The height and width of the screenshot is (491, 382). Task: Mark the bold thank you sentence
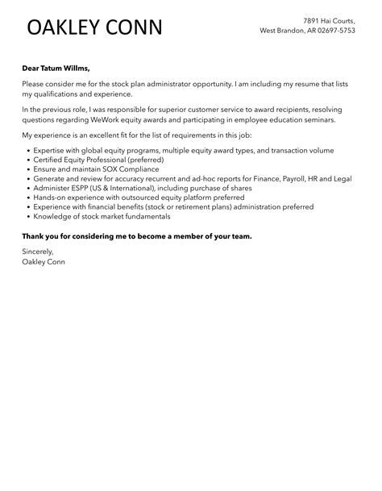(137, 236)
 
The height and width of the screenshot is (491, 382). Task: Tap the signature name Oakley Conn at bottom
(44, 262)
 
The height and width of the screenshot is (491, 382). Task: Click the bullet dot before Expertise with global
(29, 151)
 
